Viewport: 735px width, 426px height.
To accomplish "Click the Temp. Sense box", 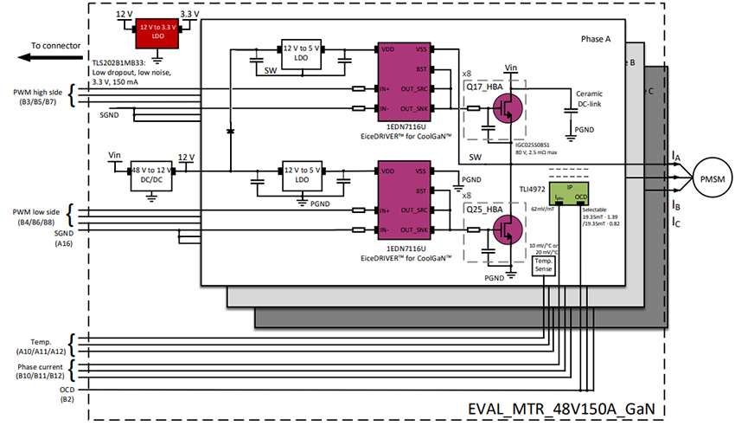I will [x=542, y=266].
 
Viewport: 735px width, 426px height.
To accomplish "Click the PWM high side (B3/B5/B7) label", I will [x=36, y=95].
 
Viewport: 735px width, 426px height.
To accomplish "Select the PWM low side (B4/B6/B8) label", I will [x=36, y=216].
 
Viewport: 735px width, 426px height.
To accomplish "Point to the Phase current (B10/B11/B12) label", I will [x=40, y=371].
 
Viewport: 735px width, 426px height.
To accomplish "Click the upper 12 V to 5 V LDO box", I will [x=301, y=51].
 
